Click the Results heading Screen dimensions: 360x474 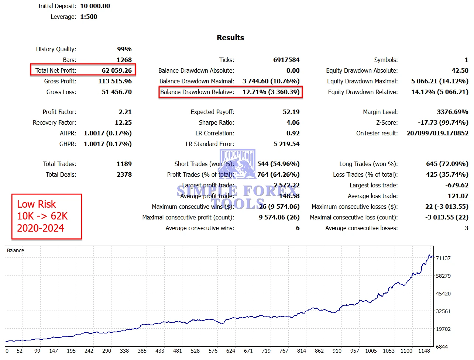click(230, 38)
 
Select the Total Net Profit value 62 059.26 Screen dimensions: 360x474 click(117, 70)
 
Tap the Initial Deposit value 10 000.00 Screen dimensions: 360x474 click(95, 6)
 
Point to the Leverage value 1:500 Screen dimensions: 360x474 click(89, 17)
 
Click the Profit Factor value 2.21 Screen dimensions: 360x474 click(125, 112)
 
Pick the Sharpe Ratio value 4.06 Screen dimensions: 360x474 click(293, 122)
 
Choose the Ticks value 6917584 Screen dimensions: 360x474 click(286, 60)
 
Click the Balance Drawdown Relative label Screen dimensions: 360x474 click(197, 92)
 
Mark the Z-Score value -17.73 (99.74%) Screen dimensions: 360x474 click(443, 122)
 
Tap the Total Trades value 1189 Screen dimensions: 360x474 click(124, 164)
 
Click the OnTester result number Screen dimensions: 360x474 click(437, 133)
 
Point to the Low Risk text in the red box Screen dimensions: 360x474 click(36, 204)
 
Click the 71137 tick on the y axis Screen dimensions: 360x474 click(443, 258)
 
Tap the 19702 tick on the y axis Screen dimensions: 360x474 click(443, 329)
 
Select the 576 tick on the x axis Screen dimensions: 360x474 click(213, 351)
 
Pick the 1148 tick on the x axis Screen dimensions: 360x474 click(424, 351)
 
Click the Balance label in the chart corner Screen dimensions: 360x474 click(16, 250)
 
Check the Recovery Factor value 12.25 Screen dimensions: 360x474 click(123, 122)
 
